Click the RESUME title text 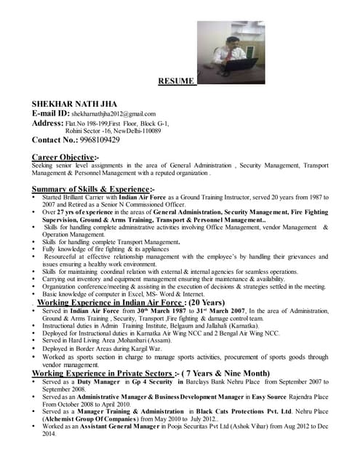(x=177, y=81)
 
